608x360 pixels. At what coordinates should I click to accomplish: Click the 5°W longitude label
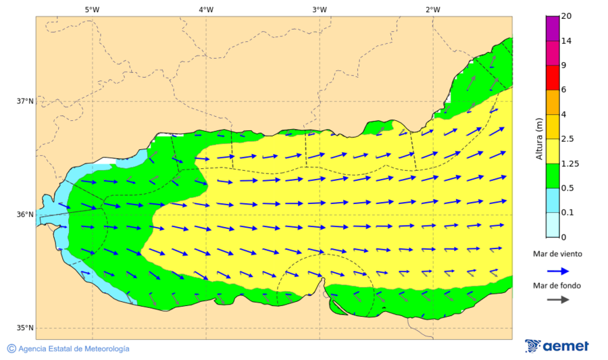92,9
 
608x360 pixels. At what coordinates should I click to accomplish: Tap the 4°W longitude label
206,9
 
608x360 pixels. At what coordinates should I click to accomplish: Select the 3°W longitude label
320,9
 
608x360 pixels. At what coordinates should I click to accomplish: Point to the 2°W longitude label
433,9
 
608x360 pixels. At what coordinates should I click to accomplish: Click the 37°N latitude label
25,101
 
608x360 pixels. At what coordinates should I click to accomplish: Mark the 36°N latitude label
25,215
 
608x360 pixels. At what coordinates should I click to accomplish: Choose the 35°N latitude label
25,328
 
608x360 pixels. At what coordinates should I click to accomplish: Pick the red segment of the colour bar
553,78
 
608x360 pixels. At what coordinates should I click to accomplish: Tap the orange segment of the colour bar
553,102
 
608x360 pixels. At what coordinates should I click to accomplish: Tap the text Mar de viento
557,254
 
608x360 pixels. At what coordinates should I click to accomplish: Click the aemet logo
557,346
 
